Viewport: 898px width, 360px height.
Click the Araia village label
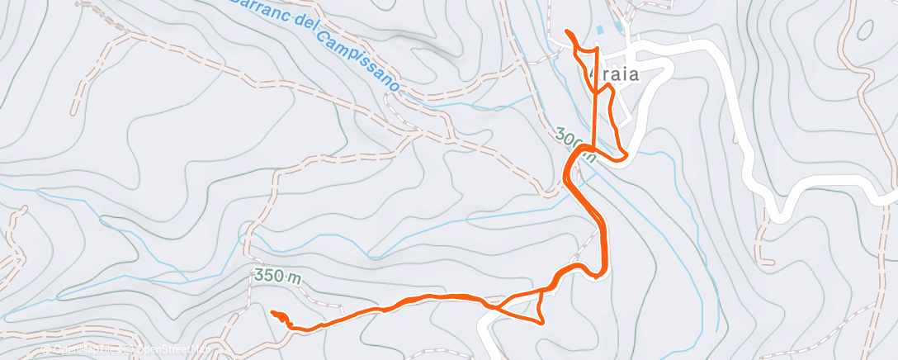(x=617, y=74)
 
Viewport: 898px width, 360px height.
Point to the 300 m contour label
(x=574, y=143)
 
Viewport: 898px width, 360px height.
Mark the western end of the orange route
(x=273, y=311)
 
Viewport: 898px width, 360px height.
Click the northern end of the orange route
(x=567, y=31)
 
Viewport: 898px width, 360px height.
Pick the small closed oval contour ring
(x=864, y=30)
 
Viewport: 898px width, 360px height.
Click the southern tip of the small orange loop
(x=541, y=323)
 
